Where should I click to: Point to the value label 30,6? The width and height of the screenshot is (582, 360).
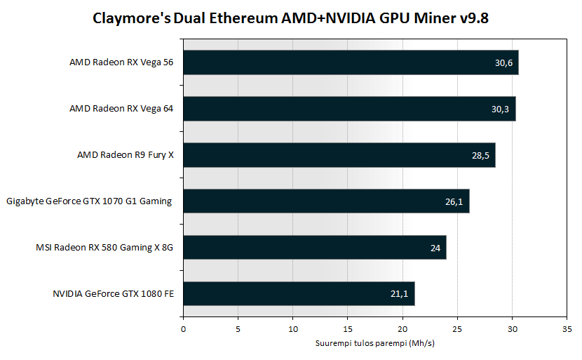click(x=503, y=62)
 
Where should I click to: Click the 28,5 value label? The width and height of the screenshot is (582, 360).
click(x=480, y=155)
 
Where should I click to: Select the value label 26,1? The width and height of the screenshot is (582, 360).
click(x=454, y=201)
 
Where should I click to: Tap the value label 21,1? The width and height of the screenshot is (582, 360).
click(x=400, y=294)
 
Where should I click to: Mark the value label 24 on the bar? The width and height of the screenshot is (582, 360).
click(x=435, y=248)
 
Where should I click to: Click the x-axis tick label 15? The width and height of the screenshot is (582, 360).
click(x=348, y=328)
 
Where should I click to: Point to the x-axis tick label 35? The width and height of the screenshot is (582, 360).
click(x=567, y=328)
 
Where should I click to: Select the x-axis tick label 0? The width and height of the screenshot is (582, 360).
click(x=183, y=328)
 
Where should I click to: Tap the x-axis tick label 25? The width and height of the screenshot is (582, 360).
click(x=457, y=328)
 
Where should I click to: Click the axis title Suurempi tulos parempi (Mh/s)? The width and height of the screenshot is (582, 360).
click(x=374, y=343)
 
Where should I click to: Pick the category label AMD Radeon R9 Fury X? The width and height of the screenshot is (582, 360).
click(x=125, y=155)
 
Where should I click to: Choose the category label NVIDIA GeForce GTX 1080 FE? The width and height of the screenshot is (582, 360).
click(x=113, y=294)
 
